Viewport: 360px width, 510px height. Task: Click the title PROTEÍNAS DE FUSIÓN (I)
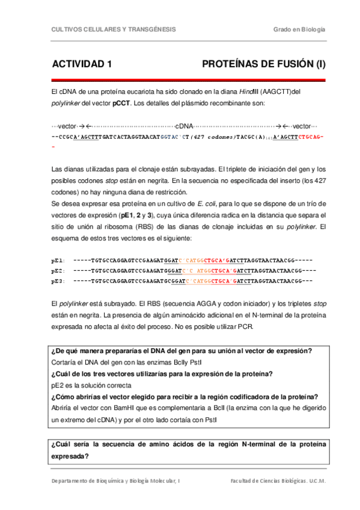(x=263, y=64)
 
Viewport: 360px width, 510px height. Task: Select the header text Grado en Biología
(x=299, y=29)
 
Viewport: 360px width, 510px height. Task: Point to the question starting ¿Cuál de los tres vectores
(x=162, y=373)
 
